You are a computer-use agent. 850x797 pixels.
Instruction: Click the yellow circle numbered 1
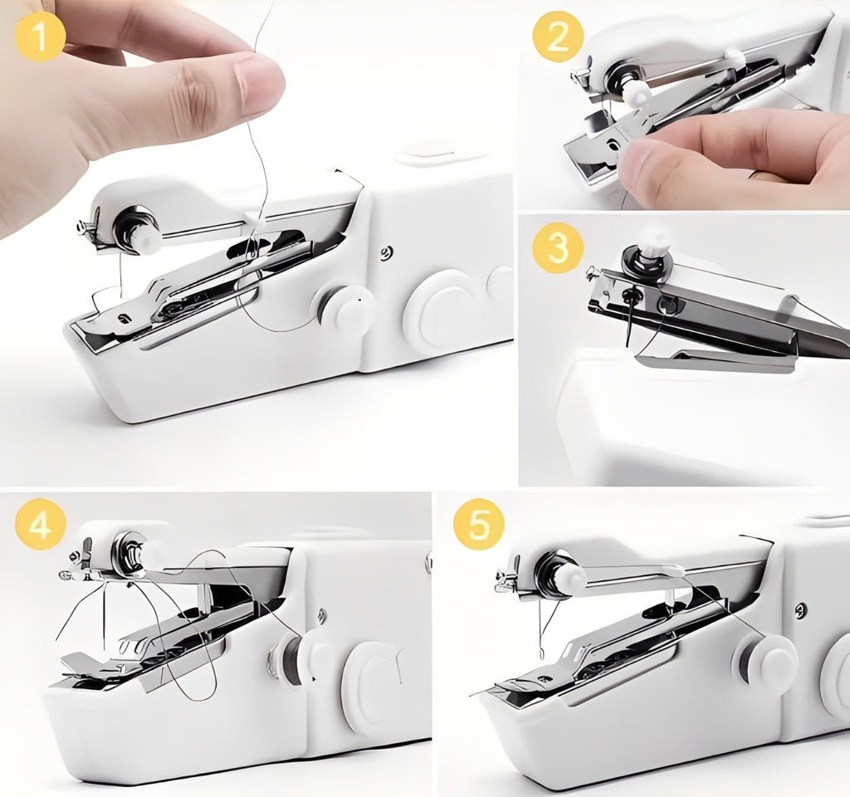[x=41, y=37]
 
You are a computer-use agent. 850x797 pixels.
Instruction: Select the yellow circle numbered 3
[x=558, y=248]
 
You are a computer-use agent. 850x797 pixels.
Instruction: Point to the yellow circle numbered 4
[x=41, y=525]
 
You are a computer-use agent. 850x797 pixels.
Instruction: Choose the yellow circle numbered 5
[x=479, y=524]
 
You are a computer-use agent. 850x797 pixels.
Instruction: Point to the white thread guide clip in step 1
[x=254, y=219]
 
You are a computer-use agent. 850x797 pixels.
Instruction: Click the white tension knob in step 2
[x=637, y=93]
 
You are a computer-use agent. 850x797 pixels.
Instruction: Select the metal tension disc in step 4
[x=127, y=554]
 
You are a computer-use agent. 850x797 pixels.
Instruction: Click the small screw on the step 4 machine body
[x=322, y=615]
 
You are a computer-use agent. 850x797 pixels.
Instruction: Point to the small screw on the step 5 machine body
[x=801, y=609]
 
